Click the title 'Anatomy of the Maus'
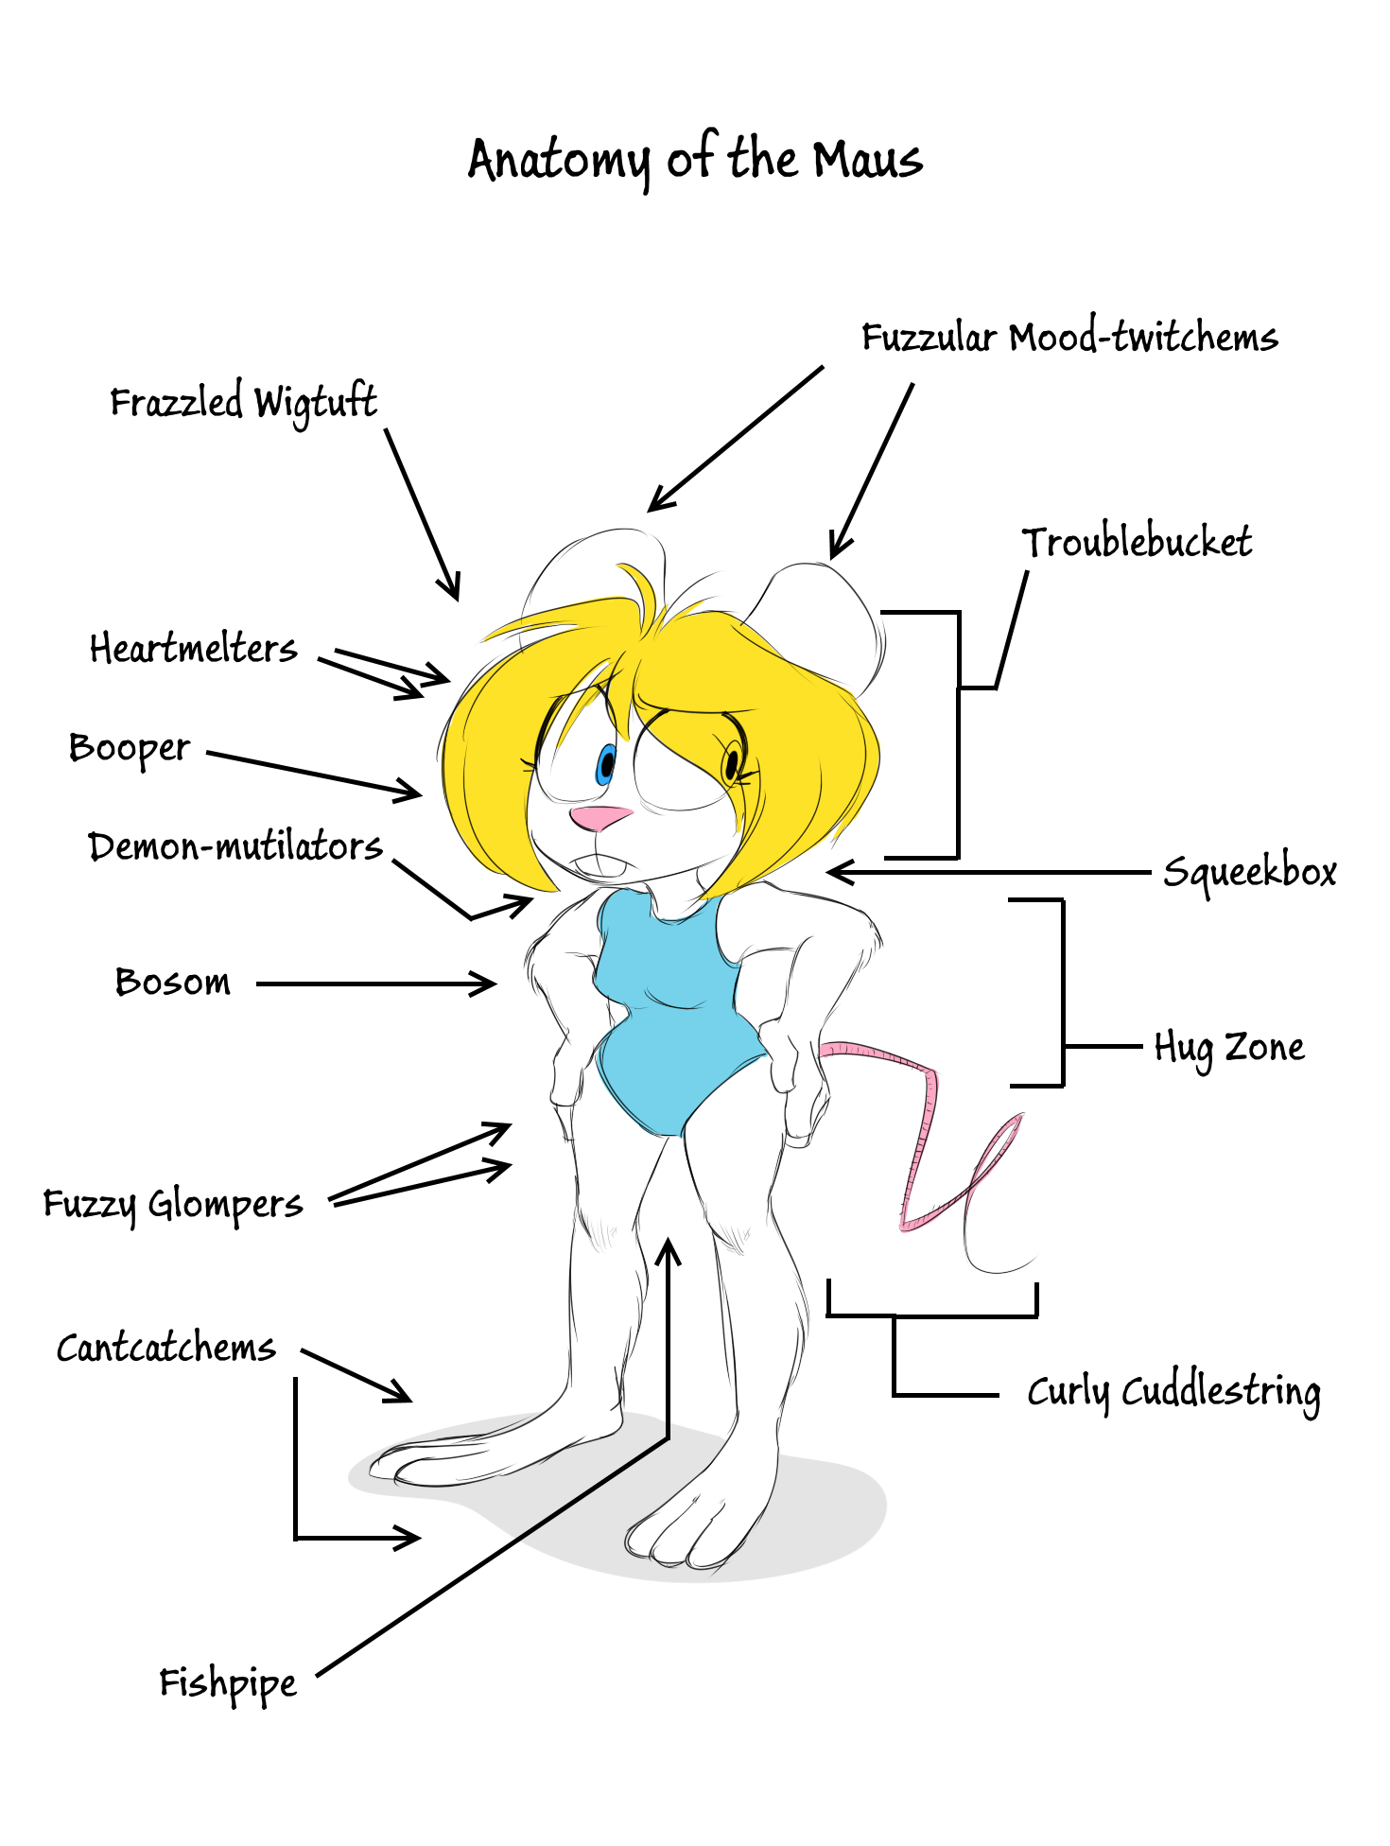tap(695, 159)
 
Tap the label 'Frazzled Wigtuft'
tap(243, 403)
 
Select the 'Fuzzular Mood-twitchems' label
tap(1069, 338)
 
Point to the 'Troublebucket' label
tap(1137, 543)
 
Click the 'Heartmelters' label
tap(194, 650)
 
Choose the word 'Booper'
tap(130, 749)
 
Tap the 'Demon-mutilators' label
tap(235, 846)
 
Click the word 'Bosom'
tap(173, 983)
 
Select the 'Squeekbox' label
tap(1249, 872)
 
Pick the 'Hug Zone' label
tap(1229, 1048)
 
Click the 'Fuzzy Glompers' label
tap(173, 1205)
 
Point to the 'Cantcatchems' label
tap(166, 1348)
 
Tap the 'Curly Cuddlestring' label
tap(1173, 1392)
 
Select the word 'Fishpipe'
tap(228, 1684)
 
